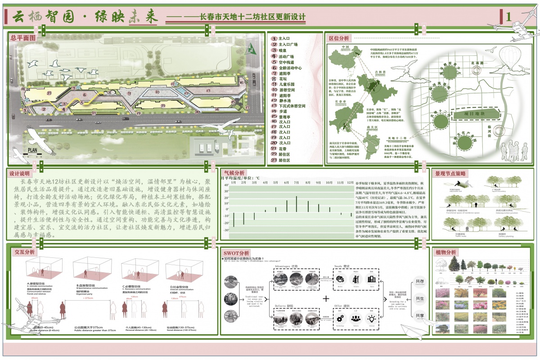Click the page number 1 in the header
pyautogui.click(x=508, y=17)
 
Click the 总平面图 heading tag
pyautogui.click(x=23, y=38)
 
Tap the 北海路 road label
pyautogui.click(x=477, y=63)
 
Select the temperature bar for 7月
pyautogui.click(x=297, y=204)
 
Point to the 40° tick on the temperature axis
pyautogui.click(x=226, y=185)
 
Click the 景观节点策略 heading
pyautogui.click(x=450, y=173)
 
